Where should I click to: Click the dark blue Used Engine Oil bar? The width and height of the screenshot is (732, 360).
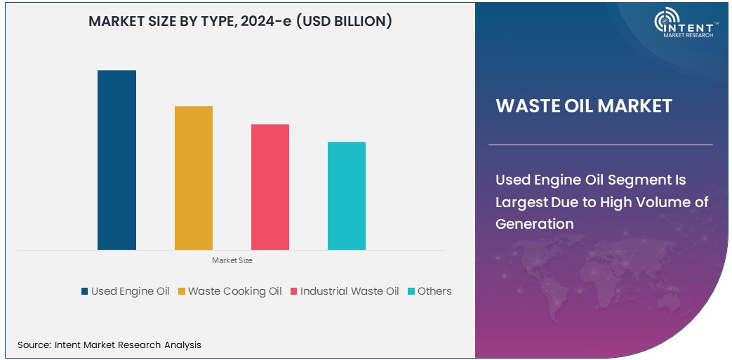click(x=117, y=160)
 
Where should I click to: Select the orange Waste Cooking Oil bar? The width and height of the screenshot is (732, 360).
click(x=193, y=178)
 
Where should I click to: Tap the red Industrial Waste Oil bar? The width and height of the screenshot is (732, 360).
click(x=269, y=187)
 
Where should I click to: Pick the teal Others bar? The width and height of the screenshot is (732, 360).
click(x=346, y=196)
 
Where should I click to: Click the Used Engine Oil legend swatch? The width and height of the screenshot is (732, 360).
click(x=85, y=291)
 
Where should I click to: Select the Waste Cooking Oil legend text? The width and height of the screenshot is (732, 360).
click(x=234, y=291)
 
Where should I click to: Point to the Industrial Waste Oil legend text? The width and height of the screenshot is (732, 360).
click(x=349, y=291)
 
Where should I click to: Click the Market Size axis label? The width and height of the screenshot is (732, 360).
click(x=232, y=260)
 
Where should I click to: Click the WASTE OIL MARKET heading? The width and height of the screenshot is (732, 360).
click(x=584, y=106)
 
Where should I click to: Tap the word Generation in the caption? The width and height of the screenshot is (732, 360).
click(x=535, y=224)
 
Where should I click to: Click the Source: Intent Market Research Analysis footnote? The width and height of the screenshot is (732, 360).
click(x=109, y=345)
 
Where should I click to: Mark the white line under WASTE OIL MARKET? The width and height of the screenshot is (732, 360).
click(x=600, y=145)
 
